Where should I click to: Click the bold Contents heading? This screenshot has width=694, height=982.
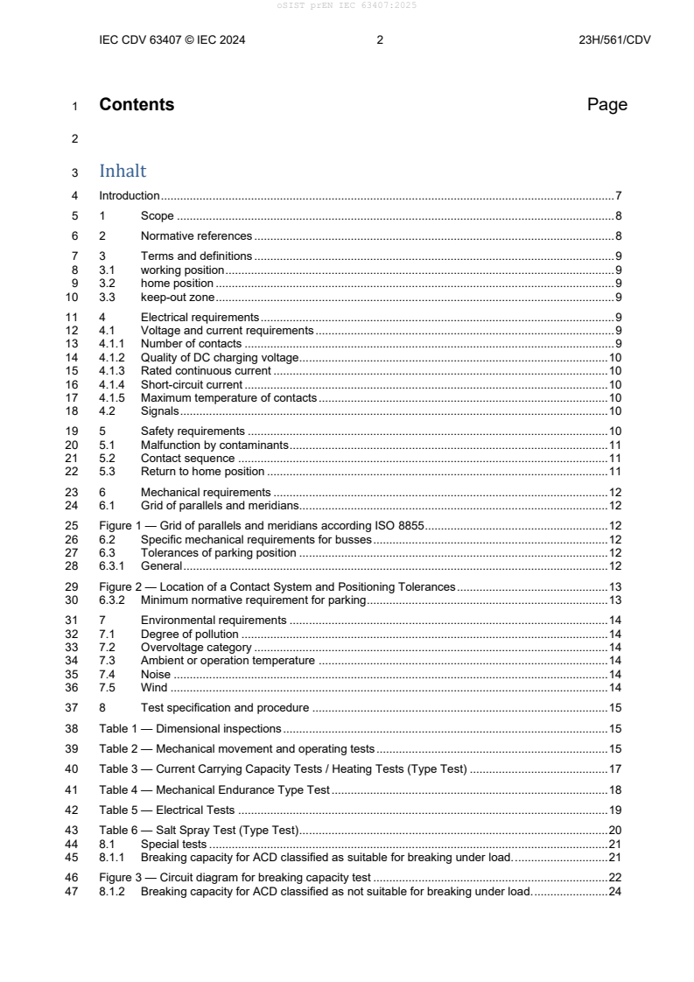137,105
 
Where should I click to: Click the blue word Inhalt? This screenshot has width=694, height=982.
123,172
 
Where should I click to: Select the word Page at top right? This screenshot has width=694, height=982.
606,105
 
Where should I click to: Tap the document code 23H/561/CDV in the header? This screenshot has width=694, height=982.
614,39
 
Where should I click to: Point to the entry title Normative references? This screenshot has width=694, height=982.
196,235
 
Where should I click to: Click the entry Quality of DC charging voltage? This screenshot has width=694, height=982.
220,358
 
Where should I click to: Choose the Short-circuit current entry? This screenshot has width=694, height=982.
192,384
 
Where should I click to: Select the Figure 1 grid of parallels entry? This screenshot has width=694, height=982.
262,526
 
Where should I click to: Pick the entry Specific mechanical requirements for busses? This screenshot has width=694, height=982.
256,539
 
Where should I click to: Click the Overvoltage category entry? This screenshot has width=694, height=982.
196,647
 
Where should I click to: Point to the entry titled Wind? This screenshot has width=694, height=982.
153,688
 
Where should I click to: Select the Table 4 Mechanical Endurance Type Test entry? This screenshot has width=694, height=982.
214,789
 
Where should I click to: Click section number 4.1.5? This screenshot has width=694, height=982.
112,397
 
